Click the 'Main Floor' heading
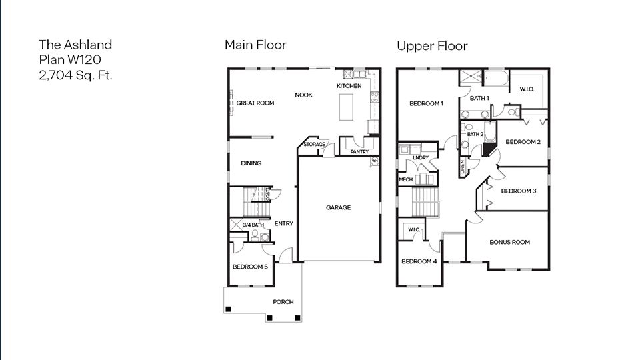pos(255,45)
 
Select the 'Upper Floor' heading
pos(432,46)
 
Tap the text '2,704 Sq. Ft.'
pos(75,75)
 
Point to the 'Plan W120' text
pos(69,60)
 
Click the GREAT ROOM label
pos(255,103)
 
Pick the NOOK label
pos(303,95)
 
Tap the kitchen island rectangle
pos(347,107)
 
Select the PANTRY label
pos(359,152)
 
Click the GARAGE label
pos(338,208)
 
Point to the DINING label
pos(251,163)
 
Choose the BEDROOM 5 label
pos(250,267)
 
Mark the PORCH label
pos(283,302)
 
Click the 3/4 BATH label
pos(253,225)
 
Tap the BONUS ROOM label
pos(509,242)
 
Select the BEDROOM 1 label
pos(426,103)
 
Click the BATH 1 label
pos(479,99)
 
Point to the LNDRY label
pos(420,158)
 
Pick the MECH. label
pos(406,179)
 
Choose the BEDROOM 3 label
pos(519,191)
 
